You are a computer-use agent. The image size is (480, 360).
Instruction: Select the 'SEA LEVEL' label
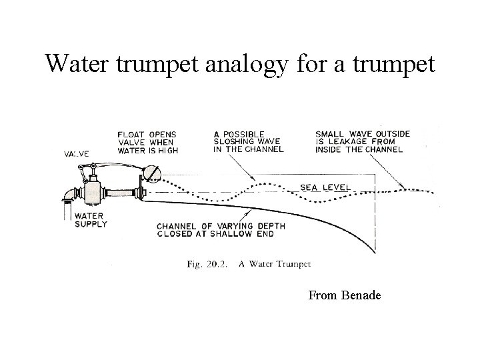click(x=325, y=187)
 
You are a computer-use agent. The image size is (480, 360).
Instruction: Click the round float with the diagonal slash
click(x=151, y=173)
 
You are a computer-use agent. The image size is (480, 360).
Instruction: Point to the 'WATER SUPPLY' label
click(x=90, y=220)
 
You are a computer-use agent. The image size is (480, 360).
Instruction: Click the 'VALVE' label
click(x=77, y=153)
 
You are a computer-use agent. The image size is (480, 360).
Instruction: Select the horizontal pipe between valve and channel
click(x=119, y=193)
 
